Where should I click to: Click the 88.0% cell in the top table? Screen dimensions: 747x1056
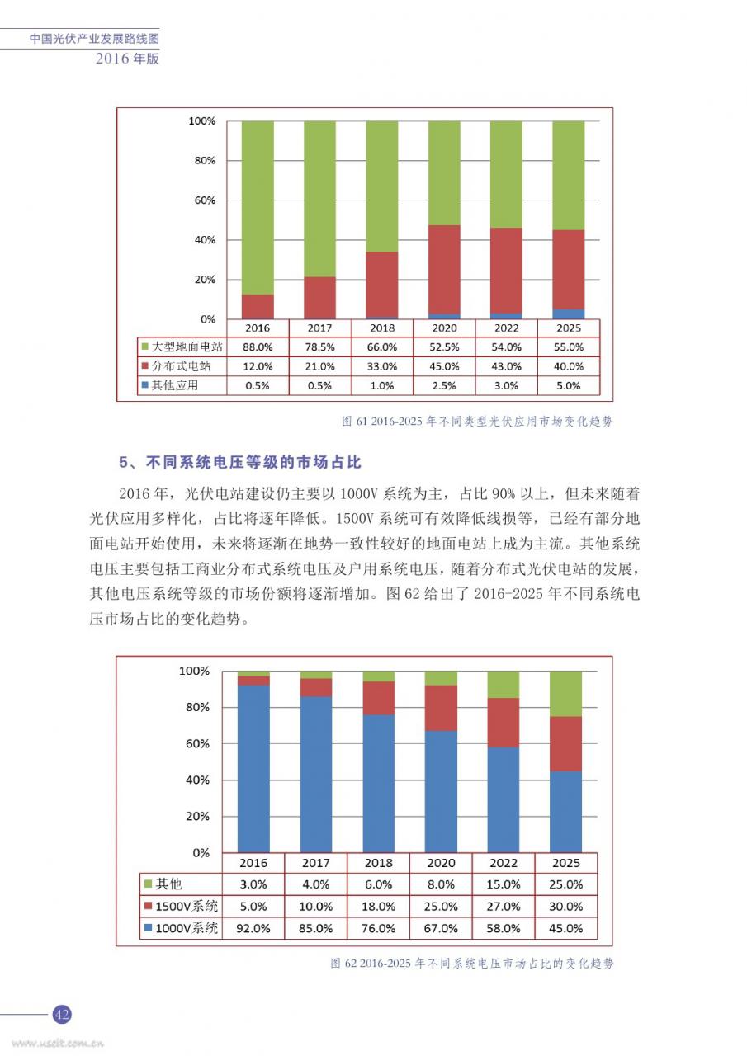(258, 347)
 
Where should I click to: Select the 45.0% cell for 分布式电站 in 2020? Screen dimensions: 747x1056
(444, 366)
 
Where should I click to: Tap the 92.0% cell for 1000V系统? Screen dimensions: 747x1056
(253, 928)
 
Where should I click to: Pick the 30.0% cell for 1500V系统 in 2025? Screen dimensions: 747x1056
(566, 906)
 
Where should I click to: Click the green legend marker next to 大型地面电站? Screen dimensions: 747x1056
(145, 346)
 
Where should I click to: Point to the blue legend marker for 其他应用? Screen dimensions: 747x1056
(145, 385)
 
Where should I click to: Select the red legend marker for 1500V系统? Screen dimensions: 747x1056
(148, 906)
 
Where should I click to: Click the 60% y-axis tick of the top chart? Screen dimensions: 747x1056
(205, 200)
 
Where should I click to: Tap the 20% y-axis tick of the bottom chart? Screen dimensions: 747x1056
(197, 816)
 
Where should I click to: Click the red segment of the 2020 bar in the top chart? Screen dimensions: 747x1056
(444, 270)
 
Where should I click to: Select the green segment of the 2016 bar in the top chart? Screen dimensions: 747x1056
(258, 208)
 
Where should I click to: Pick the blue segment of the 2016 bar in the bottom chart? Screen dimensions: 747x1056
(253, 769)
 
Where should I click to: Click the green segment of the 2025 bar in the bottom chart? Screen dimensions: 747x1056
(565, 694)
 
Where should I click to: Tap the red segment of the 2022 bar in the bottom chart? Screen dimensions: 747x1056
(504, 723)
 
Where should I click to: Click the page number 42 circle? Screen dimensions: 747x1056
(62, 1014)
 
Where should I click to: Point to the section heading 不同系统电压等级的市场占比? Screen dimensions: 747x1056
(253, 462)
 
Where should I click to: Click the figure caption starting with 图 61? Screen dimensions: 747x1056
(477, 421)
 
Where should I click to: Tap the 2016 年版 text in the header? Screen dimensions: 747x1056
(127, 59)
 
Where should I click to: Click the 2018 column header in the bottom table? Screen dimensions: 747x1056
(378, 863)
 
